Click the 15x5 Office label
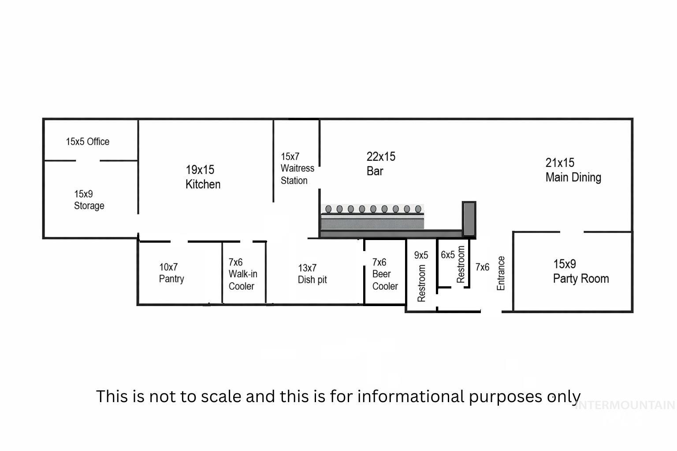[87, 142]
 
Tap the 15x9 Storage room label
[89, 200]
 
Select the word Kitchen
[203, 184]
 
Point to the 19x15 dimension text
[200, 170]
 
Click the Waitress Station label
[297, 169]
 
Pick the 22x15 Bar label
[381, 163]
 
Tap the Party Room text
[581, 279]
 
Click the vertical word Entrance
[501, 273]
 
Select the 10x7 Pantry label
[171, 273]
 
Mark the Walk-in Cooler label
[242, 274]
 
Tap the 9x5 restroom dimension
[421, 255]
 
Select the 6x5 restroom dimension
[447, 255]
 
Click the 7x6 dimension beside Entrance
[482, 267]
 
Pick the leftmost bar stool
[328, 209]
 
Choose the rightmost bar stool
[418, 209]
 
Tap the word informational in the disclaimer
[410, 396]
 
